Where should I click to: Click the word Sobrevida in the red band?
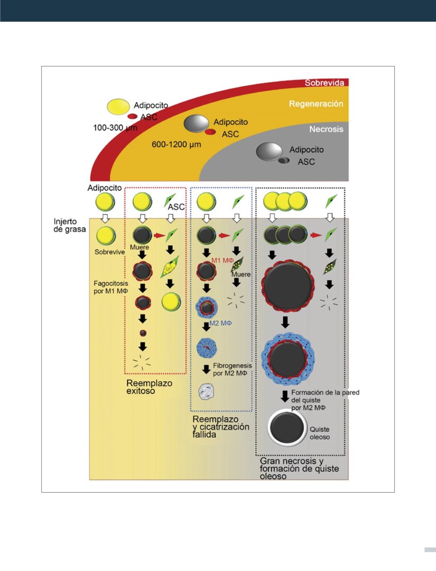click(x=324, y=82)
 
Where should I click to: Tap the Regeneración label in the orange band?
click(x=316, y=104)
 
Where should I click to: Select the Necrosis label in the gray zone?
click(x=326, y=129)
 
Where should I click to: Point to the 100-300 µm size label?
click(x=115, y=128)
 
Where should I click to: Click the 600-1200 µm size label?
click(x=176, y=145)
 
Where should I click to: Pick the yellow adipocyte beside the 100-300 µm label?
click(x=118, y=106)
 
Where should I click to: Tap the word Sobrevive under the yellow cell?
click(x=110, y=252)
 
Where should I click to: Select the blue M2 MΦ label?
click(x=221, y=323)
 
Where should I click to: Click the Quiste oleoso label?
click(x=320, y=433)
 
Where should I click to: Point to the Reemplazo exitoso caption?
click(x=149, y=387)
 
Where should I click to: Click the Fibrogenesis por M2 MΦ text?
click(x=232, y=369)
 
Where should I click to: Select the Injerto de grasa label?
click(x=69, y=225)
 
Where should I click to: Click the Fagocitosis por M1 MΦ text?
click(x=111, y=287)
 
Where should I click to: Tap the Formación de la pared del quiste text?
click(x=325, y=396)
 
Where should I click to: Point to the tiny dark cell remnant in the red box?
click(x=143, y=333)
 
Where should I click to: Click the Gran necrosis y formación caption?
click(x=299, y=468)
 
